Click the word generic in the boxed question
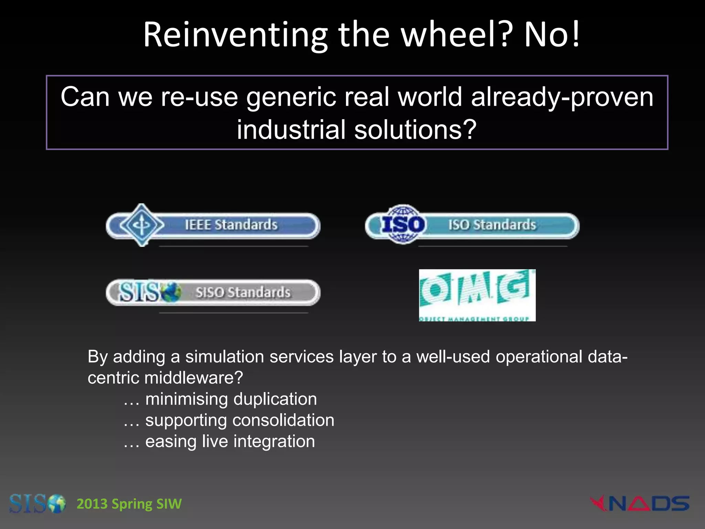click(x=291, y=97)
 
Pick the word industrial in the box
click(x=291, y=130)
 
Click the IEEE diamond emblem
click(x=141, y=225)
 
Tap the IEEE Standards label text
click(x=231, y=225)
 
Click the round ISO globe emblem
click(x=403, y=225)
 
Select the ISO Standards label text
click(x=492, y=225)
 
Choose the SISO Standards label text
click(x=243, y=292)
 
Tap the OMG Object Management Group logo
click(x=477, y=295)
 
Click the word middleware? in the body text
click(x=193, y=378)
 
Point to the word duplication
click(x=275, y=399)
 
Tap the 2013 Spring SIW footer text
click(x=129, y=504)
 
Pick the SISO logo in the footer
click(x=37, y=504)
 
